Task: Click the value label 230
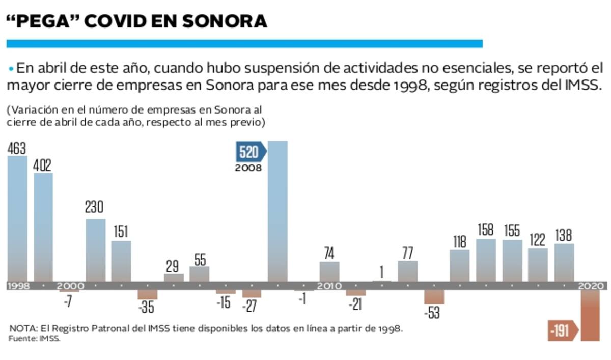[95, 208]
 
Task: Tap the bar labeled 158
[486, 260]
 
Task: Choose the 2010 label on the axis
[329, 286]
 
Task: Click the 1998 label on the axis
[18, 286]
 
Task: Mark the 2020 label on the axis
[591, 286]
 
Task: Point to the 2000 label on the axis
[70, 286]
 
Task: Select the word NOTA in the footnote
[20, 328]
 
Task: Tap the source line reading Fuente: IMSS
[35, 339]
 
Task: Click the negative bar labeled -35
[147, 295]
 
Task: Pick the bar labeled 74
[329, 271]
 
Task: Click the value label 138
[564, 235]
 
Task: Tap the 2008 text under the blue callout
[248, 168]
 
